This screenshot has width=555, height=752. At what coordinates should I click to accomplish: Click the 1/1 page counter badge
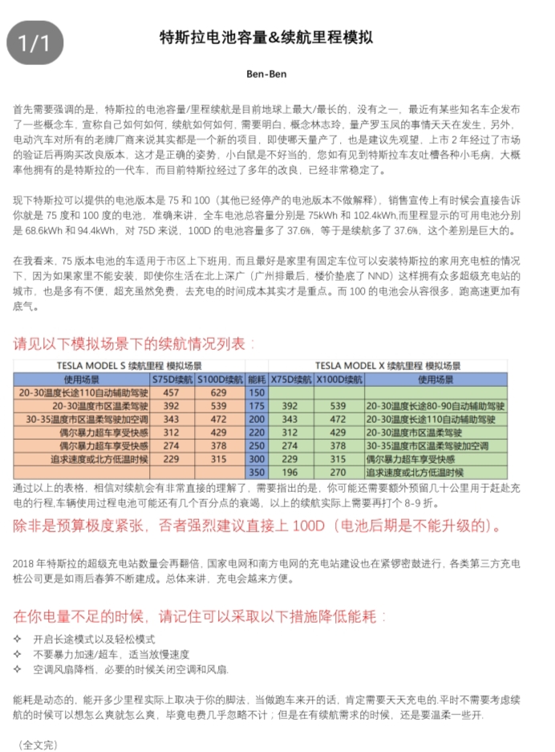[x=34, y=42]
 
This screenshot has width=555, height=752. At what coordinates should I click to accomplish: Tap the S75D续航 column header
[x=172, y=379]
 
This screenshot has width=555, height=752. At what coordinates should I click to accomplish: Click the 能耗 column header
[x=257, y=379]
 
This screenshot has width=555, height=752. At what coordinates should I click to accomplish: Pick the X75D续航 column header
[x=291, y=379]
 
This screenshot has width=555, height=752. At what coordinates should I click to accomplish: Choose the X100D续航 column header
[x=338, y=379]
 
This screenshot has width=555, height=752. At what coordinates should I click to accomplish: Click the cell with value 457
[x=172, y=393]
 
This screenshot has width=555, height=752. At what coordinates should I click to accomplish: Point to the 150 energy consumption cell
[x=257, y=393]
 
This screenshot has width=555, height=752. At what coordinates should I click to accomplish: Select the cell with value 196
[x=290, y=472]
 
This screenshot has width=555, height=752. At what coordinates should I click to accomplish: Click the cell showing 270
[x=338, y=472]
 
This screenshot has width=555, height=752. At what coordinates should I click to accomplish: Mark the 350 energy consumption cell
[x=257, y=472]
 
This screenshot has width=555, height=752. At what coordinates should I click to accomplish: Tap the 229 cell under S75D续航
[x=172, y=458]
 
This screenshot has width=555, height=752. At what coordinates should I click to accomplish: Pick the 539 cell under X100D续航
[x=338, y=406]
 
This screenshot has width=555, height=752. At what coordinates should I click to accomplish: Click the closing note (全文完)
[x=38, y=745]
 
